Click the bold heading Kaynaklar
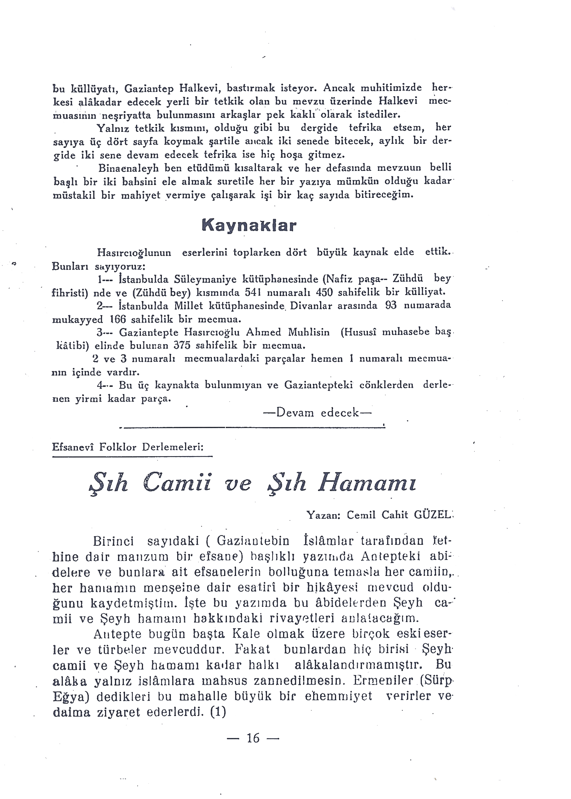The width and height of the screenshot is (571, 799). tap(249, 226)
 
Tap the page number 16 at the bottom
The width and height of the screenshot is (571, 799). tap(253, 738)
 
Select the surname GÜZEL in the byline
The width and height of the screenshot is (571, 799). tap(432, 515)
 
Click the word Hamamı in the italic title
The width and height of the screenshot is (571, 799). tap(367, 484)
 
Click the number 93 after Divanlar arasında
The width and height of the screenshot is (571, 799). tap(391, 305)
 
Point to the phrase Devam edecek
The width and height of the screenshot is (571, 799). tap(317, 412)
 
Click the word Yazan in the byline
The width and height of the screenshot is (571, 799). tap(323, 515)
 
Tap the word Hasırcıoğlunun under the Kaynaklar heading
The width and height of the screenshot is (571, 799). tap(134, 253)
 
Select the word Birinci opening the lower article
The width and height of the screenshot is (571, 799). tap(114, 541)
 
